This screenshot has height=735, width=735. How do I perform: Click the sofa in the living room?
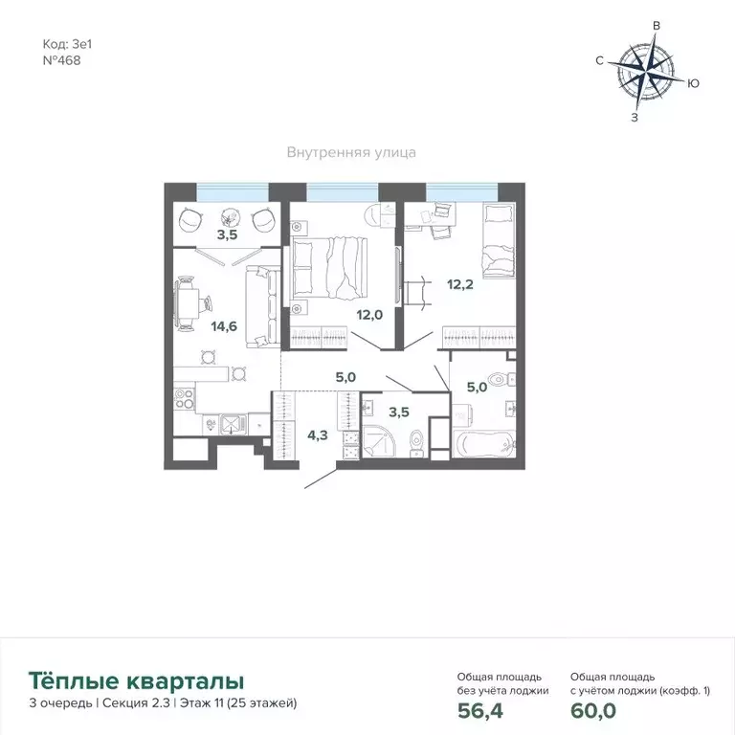[x=261, y=306]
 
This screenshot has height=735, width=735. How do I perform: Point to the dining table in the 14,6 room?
[x=196, y=302]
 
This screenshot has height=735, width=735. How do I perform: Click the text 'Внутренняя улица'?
[x=351, y=152]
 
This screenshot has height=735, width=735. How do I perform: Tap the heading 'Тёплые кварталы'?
[x=137, y=681]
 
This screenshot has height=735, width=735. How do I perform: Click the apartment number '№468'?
[x=62, y=58]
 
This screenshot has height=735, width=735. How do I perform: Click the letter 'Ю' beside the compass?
[x=693, y=83]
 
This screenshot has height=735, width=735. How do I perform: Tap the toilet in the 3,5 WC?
[x=415, y=441]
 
